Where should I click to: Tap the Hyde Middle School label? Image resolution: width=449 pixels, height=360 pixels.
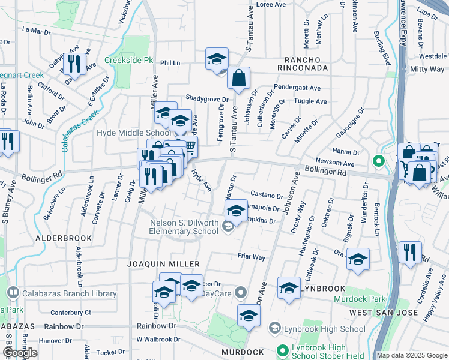[133, 133]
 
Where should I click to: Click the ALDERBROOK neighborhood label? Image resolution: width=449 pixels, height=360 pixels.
[63, 238]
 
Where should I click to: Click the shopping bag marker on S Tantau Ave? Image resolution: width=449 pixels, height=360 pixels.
[238, 78]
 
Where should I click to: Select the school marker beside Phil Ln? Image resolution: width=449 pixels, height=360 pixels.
[217, 59]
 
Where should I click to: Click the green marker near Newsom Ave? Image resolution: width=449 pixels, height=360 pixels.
[378, 161]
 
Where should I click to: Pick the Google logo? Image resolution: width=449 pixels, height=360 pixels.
[20, 353]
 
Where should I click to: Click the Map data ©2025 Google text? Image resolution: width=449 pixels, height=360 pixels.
[412, 355]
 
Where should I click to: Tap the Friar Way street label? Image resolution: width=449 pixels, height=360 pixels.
[251, 257]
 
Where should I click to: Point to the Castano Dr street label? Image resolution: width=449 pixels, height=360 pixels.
[266, 195]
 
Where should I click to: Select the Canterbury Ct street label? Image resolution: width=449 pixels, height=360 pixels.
[70, 313]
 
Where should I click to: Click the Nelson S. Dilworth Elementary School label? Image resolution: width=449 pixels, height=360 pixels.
[184, 227]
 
